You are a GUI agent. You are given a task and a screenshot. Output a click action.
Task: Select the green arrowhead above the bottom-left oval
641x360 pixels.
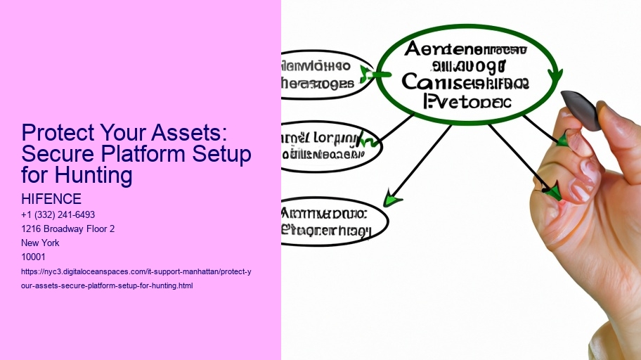(x=392, y=199)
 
